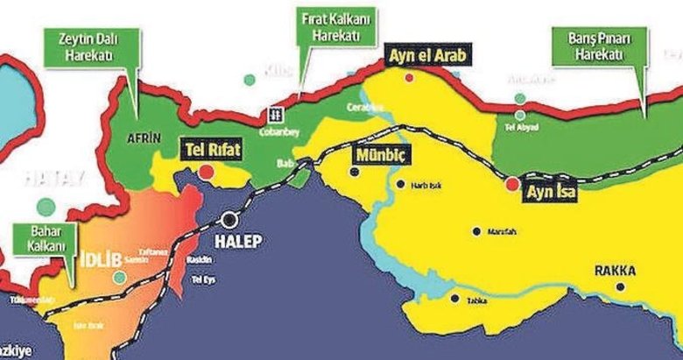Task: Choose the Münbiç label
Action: click(x=382, y=155)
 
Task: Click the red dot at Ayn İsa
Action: click(x=512, y=184)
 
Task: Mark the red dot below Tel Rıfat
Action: click(x=205, y=172)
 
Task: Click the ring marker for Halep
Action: click(x=230, y=220)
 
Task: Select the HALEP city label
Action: click(x=240, y=240)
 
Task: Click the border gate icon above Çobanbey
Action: click(x=274, y=113)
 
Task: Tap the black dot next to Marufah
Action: click(x=476, y=232)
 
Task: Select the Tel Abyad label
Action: click(x=523, y=125)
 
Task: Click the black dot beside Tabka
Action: click(x=454, y=300)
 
